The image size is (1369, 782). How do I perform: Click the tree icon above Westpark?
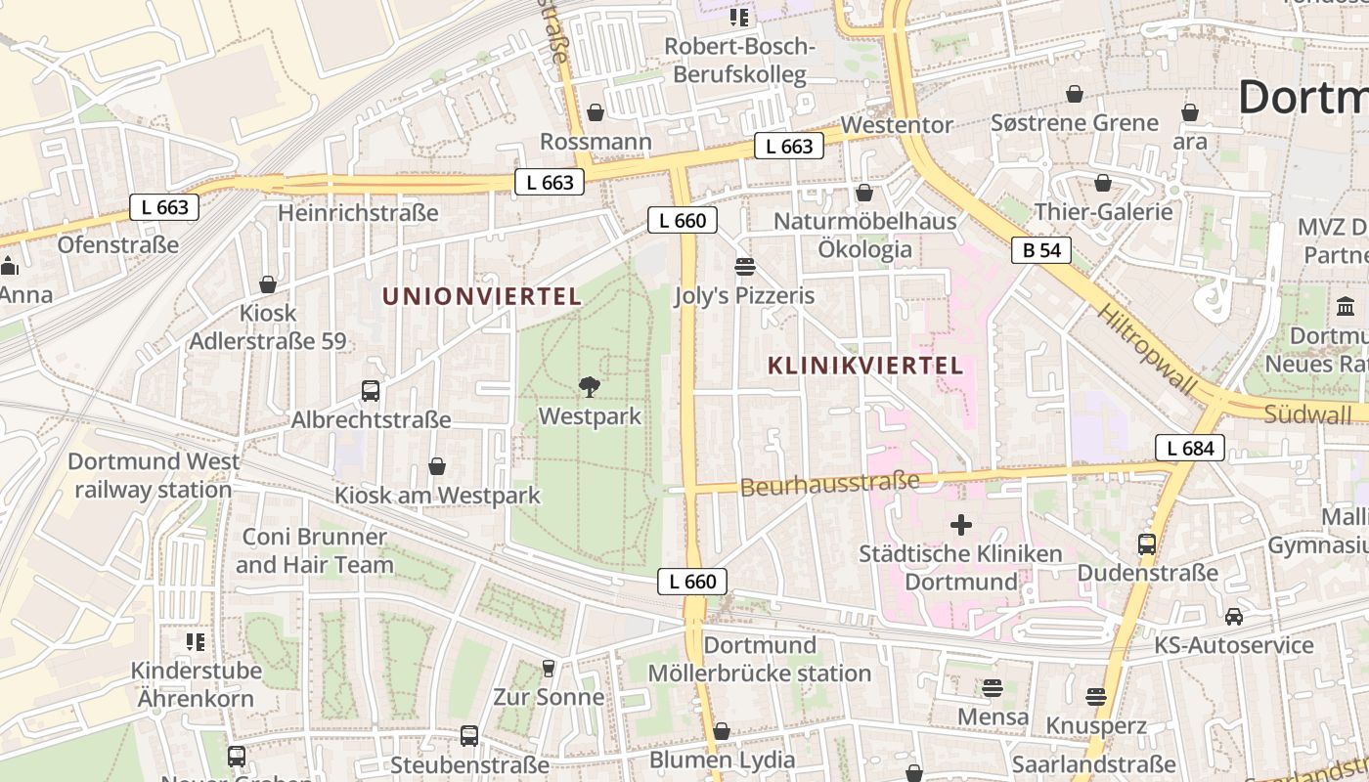click(x=590, y=387)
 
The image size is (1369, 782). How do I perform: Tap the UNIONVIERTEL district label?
click(x=481, y=296)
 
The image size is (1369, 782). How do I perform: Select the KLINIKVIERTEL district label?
click(x=865, y=366)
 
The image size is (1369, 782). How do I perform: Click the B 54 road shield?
click(x=1041, y=250)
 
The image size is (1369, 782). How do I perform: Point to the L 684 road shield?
click(x=1190, y=449)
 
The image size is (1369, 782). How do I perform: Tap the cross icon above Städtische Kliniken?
click(x=961, y=525)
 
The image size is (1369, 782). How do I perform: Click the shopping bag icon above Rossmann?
click(x=596, y=112)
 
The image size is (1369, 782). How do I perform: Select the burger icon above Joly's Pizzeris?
click(x=745, y=266)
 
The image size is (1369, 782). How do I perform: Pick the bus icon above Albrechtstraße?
click(x=371, y=391)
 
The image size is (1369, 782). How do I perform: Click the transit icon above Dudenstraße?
click(x=1147, y=543)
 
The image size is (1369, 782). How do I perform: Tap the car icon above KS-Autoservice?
click(x=1234, y=617)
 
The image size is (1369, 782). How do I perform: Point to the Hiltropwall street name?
click(x=1146, y=349)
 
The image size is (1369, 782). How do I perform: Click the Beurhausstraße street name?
click(x=830, y=483)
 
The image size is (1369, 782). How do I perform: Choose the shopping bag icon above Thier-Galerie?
click(x=1103, y=183)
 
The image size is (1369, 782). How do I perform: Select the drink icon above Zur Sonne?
click(x=549, y=669)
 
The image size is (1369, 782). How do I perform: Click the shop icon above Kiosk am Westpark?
click(x=437, y=467)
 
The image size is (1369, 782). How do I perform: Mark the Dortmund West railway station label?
click(x=154, y=475)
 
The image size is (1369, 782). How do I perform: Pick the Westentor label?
click(x=896, y=125)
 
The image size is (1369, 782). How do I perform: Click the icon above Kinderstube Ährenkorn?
click(x=196, y=642)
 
